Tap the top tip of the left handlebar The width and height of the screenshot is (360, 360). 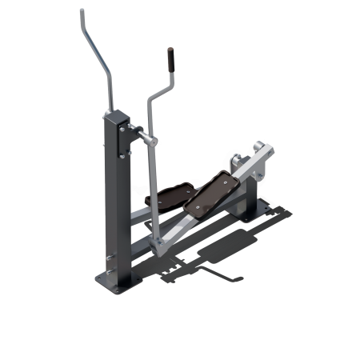pos(82,11)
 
